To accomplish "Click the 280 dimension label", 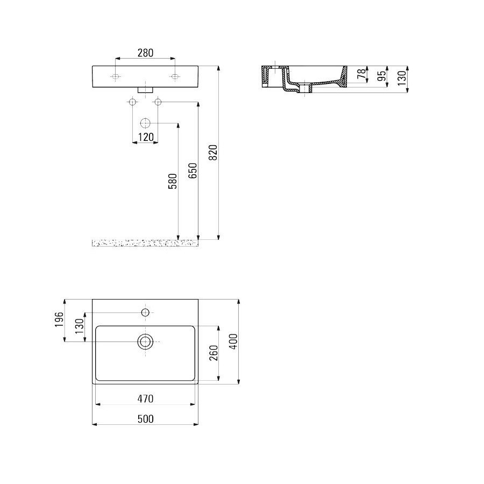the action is point(145,53).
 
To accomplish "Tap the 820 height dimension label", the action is point(213,153).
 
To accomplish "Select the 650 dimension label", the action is point(193,170).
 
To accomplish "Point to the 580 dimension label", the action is point(173,181).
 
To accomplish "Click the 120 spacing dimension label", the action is point(145,137).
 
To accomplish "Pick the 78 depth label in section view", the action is point(361,74).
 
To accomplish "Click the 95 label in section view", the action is point(382,76).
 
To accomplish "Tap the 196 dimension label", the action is point(59,320).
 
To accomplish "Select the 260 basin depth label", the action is point(213,353).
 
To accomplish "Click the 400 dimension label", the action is point(234,341).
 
